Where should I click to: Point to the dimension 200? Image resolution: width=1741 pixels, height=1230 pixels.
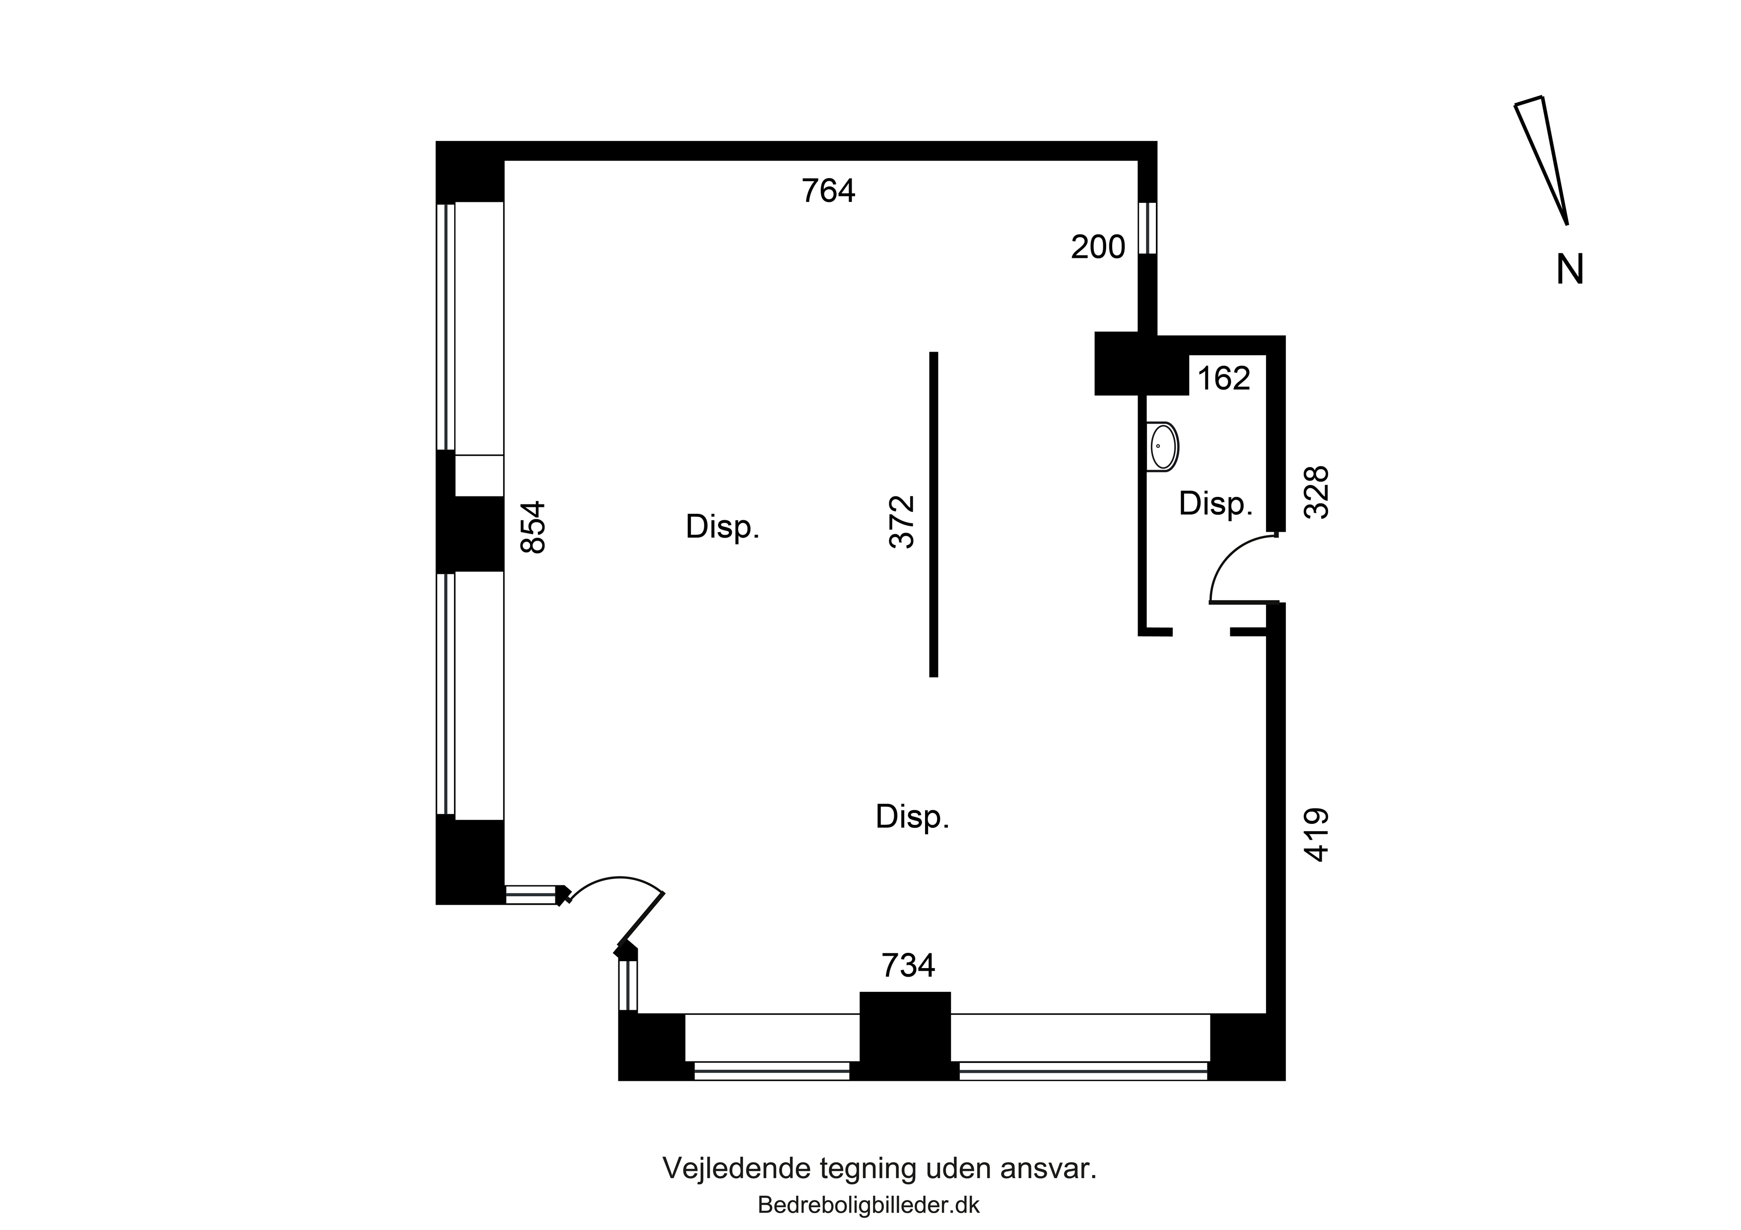pos(1098,247)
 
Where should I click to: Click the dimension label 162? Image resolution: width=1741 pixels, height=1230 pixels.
pos(1224,378)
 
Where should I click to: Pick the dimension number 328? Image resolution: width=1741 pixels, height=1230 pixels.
pos(1316,492)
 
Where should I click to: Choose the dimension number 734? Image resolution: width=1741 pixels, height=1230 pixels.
pos(908,966)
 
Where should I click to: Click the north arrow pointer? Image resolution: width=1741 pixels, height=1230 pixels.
pos(1541,161)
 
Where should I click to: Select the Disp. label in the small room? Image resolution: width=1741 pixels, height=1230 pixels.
pos(1215,504)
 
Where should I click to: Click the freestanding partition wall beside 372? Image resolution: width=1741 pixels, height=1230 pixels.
pos(934,515)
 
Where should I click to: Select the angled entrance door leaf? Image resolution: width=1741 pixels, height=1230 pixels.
pos(641,920)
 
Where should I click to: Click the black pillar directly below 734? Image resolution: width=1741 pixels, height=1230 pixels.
pos(905,1036)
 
